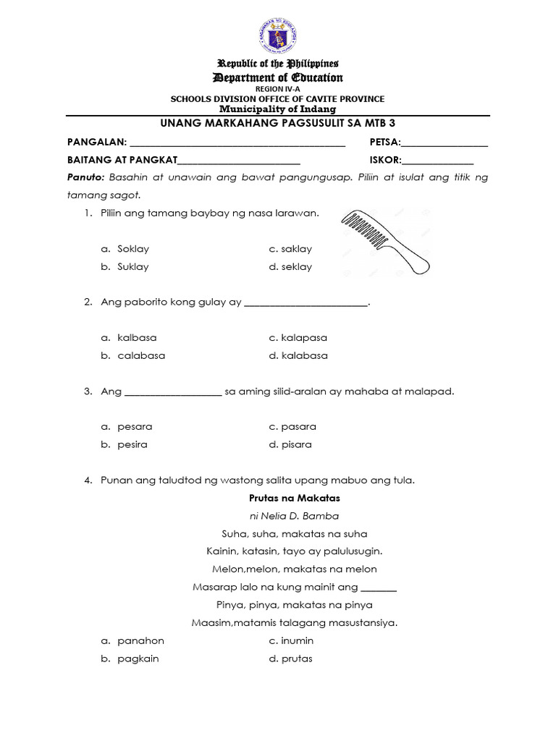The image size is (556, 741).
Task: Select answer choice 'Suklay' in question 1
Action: (x=133, y=266)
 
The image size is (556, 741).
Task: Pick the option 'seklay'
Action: (x=297, y=266)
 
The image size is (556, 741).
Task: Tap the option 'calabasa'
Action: (x=142, y=355)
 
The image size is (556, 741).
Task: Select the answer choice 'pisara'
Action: (x=297, y=444)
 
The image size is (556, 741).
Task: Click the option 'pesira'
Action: (x=132, y=444)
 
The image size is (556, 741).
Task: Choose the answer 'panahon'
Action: (x=141, y=640)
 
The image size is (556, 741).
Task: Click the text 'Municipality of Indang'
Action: (x=277, y=109)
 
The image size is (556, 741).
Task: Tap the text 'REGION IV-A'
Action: (x=277, y=89)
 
